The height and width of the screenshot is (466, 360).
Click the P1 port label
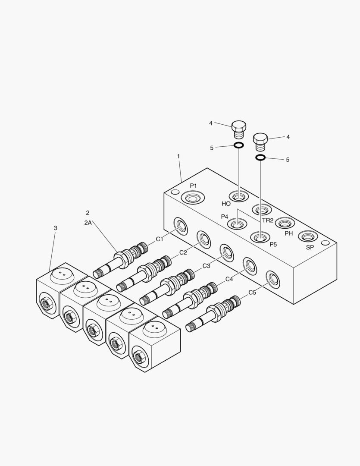click(194, 186)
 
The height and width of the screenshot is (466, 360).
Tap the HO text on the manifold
click(226, 204)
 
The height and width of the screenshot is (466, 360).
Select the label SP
click(310, 247)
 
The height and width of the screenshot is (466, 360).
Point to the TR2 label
click(268, 220)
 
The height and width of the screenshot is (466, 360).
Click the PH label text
click(288, 233)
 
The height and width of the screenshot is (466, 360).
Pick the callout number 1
click(178, 156)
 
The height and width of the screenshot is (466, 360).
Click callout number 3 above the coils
click(55, 228)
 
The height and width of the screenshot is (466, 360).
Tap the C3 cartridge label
click(206, 266)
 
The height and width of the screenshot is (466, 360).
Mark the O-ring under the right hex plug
click(260, 157)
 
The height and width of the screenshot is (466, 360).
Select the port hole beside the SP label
click(308, 236)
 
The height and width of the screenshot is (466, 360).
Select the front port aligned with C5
click(272, 280)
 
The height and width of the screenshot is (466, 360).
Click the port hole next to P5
click(260, 237)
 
